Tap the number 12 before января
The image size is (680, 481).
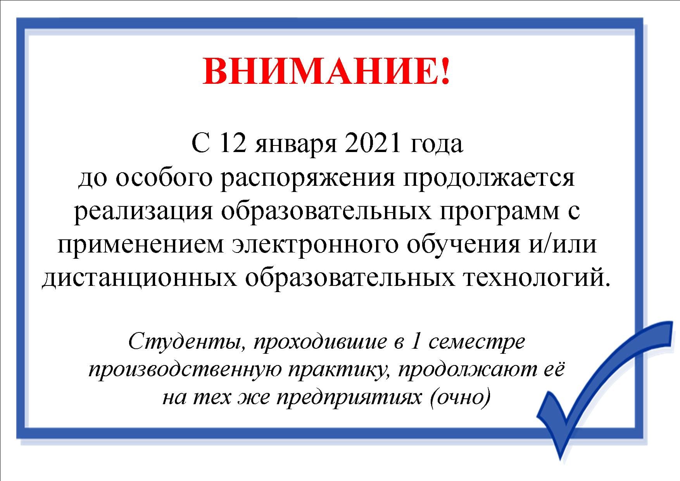click(233, 144)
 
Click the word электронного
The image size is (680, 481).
click(315, 246)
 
